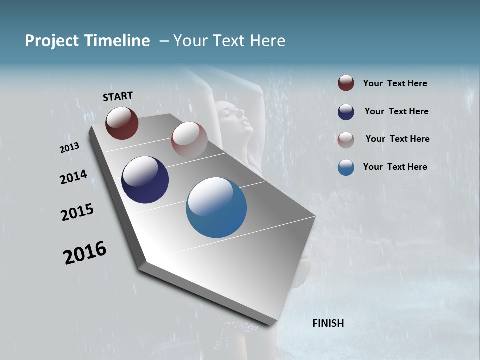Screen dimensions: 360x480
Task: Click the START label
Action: point(118,96)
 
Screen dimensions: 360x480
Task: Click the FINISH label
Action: point(328,323)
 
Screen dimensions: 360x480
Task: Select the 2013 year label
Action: point(69,148)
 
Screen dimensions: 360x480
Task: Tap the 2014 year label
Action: point(73,177)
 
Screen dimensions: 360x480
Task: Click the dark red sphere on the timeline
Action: point(122,123)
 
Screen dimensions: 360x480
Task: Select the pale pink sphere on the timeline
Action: point(189,139)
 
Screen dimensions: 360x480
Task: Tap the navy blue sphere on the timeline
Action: point(145,180)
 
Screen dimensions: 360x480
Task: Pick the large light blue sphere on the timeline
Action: point(216,207)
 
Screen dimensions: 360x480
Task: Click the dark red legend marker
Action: point(346,83)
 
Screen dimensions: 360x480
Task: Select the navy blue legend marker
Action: point(346,112)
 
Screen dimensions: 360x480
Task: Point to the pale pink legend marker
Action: point(346,139)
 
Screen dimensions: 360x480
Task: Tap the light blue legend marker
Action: point(346,167)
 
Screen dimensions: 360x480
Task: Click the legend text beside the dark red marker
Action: point(395,83)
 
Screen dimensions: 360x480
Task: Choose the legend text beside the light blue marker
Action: point(395,167)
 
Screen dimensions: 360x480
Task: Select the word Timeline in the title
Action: point(118,41)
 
